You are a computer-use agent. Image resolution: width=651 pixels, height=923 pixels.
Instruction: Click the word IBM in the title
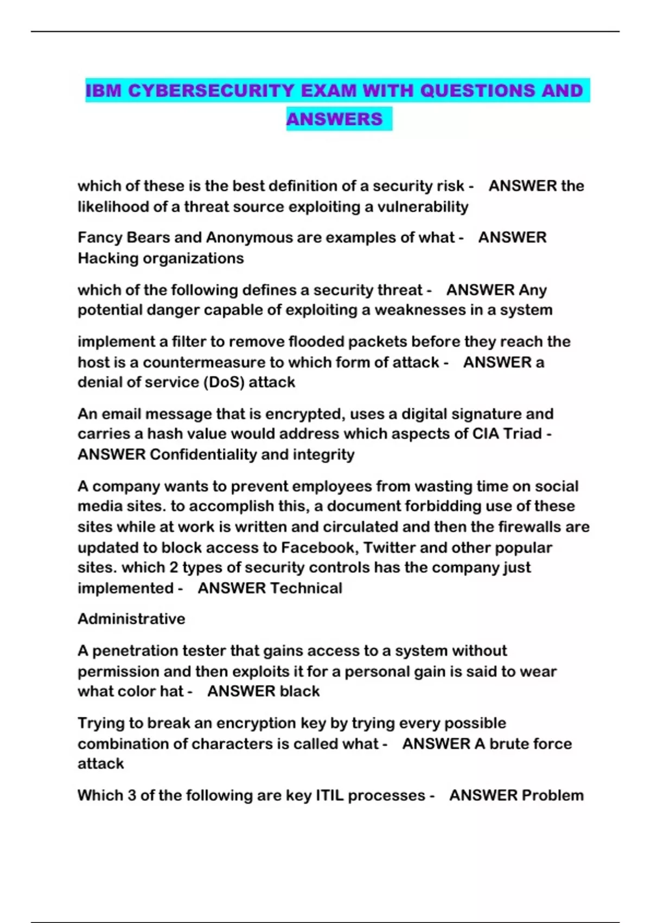point(104,91)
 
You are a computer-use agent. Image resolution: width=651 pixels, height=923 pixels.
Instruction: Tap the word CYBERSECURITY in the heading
point(212,91)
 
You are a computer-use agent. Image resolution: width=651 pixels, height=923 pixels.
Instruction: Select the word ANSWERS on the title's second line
point(334,119)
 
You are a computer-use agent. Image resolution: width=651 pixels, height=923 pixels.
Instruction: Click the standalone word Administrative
point(131,619)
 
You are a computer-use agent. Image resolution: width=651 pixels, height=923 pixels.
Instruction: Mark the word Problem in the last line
point(553,795)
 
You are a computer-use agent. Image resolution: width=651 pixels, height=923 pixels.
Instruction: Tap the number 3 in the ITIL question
point(132,795)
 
